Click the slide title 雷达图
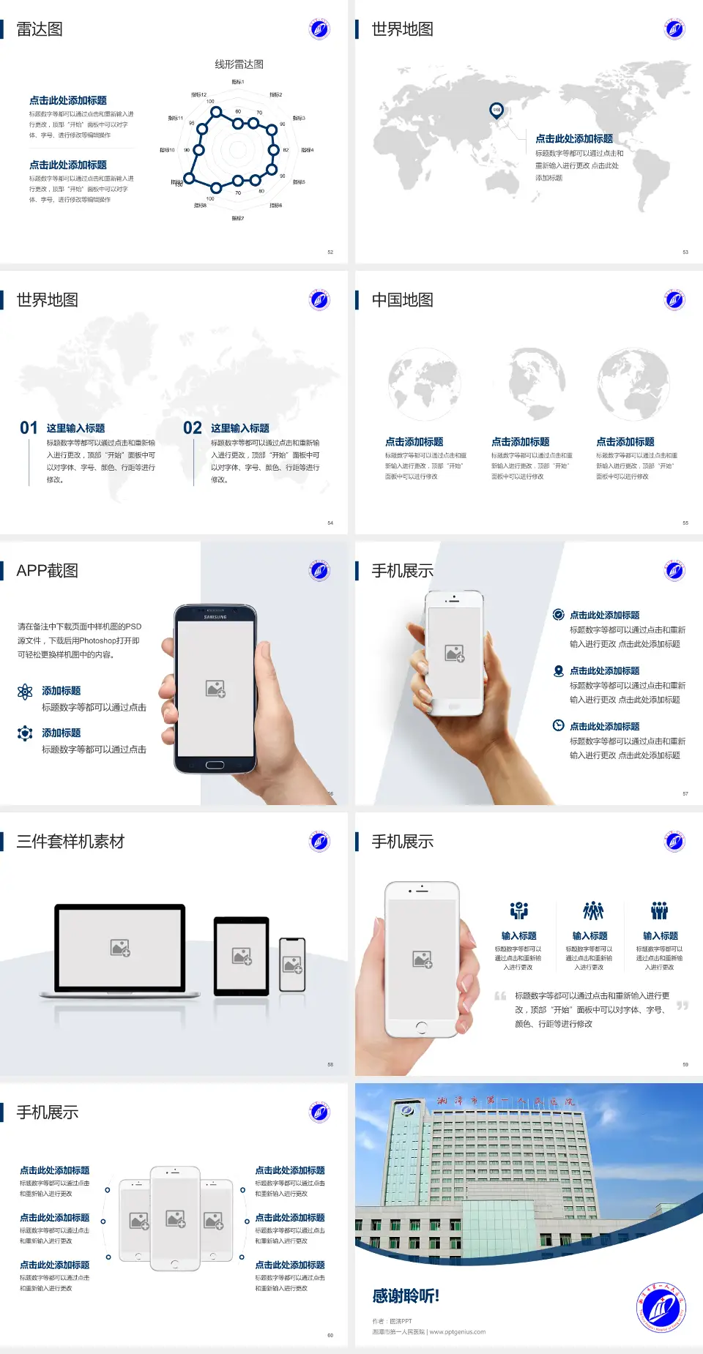click(40, 29)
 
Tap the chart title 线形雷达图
click(239, 64)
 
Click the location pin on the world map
click(496, 111)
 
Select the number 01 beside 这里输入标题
click(29, 428)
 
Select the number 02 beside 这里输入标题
click(193, 428)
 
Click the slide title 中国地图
click(402, 300)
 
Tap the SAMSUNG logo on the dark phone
click(215, 617)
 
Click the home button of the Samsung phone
click(215, 765)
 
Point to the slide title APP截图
click(47, 571)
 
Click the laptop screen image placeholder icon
click(120, 948)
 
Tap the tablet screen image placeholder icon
click(242, 956)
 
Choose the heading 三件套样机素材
click(70, 842)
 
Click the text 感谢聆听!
click(406, 1296)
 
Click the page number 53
click(685, 252)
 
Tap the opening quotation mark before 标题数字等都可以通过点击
click(500, 996)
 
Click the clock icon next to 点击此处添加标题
click(558, 725)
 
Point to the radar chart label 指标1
click(238, 82)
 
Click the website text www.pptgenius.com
click(458, 1332)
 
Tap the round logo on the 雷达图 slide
click(319, 29)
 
